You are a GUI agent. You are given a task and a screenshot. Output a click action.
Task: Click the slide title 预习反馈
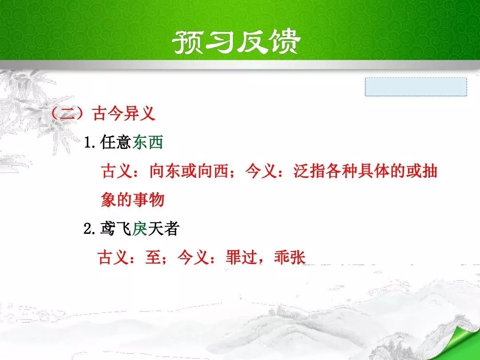tap(236, 42)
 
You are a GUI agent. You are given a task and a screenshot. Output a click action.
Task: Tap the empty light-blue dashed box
tap(416, 87)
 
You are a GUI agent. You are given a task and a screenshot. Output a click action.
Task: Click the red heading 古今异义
tap(124, 113)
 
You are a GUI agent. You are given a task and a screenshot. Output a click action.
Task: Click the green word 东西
tap(148, 142)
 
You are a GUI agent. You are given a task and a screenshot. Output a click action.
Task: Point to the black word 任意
tap(116, 142)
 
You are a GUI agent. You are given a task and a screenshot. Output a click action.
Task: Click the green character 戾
tap(140, 229)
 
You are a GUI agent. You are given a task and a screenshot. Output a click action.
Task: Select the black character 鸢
tap(108, 229)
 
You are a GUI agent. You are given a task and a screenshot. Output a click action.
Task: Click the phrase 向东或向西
tap(189, 172)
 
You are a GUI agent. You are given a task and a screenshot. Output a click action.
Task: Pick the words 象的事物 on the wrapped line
tap(132, 200)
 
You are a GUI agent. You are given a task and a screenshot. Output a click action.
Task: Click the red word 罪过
tap(241, 257)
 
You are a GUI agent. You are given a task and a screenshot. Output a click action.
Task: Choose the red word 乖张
tap(290, 257)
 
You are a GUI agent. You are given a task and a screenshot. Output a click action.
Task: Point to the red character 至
tap(153, 257)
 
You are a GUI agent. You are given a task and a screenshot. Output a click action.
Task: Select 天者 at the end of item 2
tap(164, 229)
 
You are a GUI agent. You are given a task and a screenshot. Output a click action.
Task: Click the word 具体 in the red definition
tap(373, 172)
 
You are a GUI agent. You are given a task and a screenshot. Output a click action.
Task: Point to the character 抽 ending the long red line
tap(429, 172)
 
